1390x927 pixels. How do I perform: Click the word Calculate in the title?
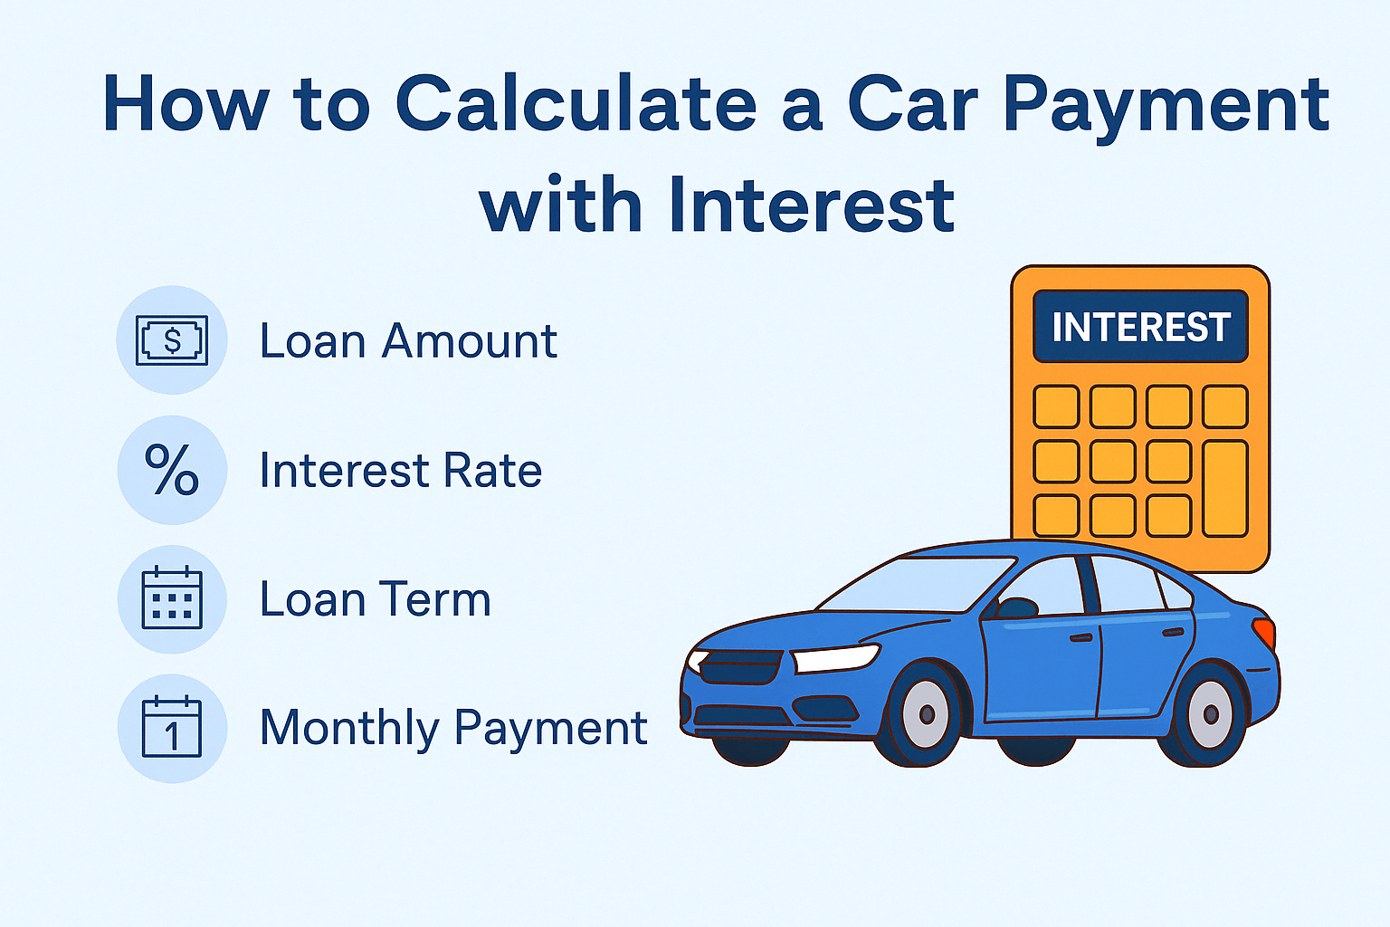tap(576, 104)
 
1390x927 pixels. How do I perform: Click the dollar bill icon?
tap(172, 340)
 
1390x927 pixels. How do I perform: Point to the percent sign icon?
tap(172, 470)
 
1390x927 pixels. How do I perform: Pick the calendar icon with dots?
tap(172, 598)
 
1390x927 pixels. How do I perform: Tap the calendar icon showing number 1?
tap(172, 728)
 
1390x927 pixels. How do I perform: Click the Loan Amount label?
tap(408, 341)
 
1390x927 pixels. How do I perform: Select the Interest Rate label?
tap(401, 471)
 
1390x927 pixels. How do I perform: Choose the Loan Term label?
tap(375, 599)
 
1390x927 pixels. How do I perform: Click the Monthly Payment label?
tap(453, 728)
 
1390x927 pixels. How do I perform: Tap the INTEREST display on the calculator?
tap(1140, 327)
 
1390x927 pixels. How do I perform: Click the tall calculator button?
tap(1225, 489)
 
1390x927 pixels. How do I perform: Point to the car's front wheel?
tap(926, 714)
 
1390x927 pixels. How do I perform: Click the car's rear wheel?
tap(1210, 713)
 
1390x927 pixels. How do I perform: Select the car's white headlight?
tap(834, 658)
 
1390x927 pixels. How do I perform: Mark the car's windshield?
tap(914, 585)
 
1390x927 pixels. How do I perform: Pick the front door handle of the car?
tap(1081, 638)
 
